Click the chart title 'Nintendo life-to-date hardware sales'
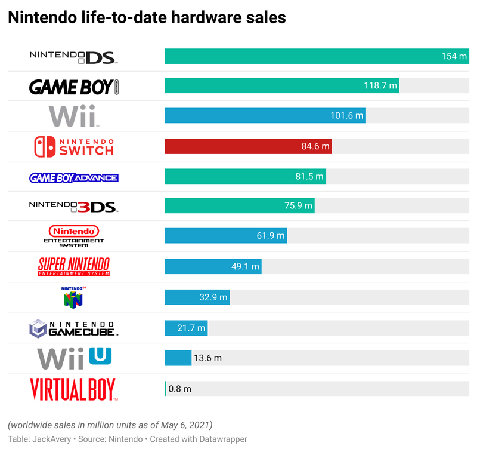click(x=147, y=18)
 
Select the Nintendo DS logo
click(x=74, y=57)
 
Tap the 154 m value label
click(x=453, y=56)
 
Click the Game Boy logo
click(x=74, y=87)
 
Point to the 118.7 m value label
click(x=380, y=86)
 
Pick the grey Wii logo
click(x=73, y=116)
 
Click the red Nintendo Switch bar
click(x=247, y=146)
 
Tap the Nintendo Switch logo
click(x=74, y=146)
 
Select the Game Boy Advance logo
click(x=74, y=177)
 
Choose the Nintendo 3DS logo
click(x=74, y=207)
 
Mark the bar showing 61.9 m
click(x=225, y=236)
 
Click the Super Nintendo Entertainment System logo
click(x=74, y=266)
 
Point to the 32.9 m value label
click(x=212, y=297)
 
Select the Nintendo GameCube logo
click(x=74, y=327)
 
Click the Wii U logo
click(x=74, y=358)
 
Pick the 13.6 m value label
click(x=207, y=358)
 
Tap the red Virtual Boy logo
click(x=74, y=389)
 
